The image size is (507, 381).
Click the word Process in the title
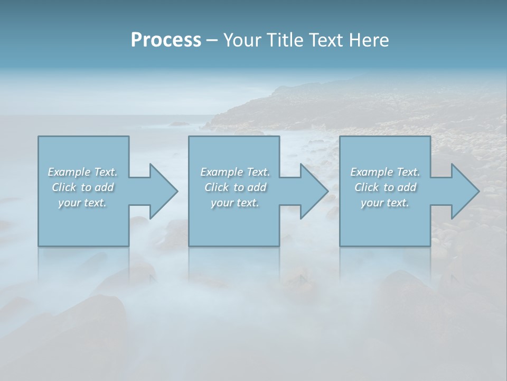tap(166, 40)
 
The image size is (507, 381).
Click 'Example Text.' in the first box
tap(82, 172)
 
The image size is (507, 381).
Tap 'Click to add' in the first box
tap(82, 187)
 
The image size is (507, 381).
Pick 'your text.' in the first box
tap(82, 203)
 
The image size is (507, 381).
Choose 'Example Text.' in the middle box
tap(235, 172)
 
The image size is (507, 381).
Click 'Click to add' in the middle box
tap(235, 187)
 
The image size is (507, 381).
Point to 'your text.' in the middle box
tap(235, 203)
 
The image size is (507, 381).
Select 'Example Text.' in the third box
tap(385, 172)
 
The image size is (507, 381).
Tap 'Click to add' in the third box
tap(385, 187)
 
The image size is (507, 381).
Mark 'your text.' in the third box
tap(385, 203)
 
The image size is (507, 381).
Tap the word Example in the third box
tap(372, 172)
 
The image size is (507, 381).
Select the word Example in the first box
tap(69, 172)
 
